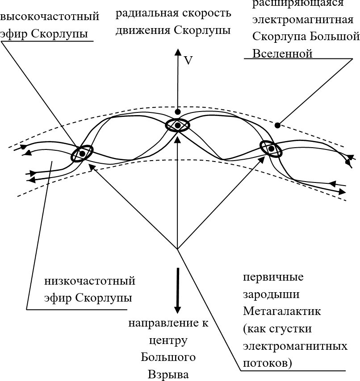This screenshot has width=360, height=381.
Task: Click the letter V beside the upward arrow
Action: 188,61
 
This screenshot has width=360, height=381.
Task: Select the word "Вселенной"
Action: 282,54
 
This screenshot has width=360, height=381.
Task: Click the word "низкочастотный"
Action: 90,282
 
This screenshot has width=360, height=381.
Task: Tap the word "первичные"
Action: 273,277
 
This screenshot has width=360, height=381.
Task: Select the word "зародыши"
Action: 271,294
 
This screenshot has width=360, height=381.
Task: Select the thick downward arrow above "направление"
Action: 178,290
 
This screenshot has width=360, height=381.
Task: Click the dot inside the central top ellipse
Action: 178,126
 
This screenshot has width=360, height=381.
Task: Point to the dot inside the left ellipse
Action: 82,153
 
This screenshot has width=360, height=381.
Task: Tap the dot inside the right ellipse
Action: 271,149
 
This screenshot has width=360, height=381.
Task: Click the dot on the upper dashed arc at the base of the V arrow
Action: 178,112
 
